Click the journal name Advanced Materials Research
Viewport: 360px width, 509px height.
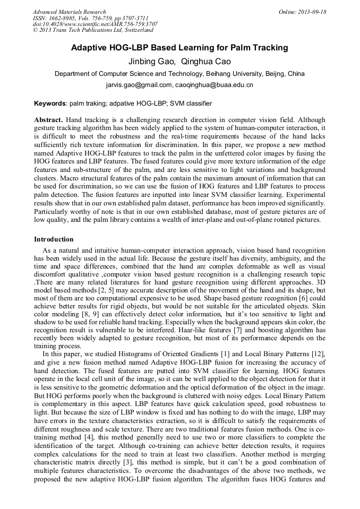point(69,12)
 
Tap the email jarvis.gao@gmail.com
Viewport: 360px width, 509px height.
point(139,85)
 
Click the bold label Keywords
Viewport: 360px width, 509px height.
point(50,103)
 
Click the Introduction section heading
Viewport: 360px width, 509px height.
point(54,239)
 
